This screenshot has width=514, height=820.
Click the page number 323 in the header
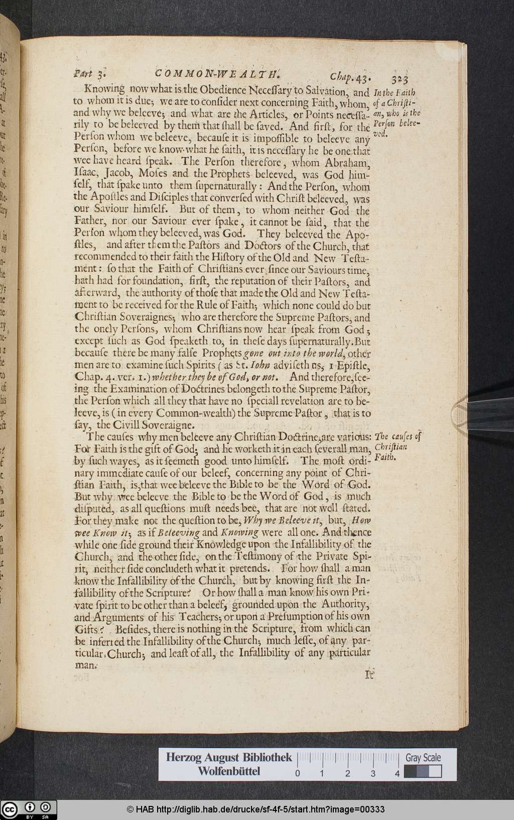click(x=399, y=78)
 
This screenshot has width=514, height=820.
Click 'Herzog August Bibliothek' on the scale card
click(x=229, y=758)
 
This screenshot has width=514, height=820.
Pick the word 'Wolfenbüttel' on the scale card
click(x=229, y=772)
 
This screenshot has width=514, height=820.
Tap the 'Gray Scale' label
click(x=423, y=758)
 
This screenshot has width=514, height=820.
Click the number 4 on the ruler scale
click(x=398, y=774)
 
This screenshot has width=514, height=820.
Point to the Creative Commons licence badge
click(x=29, y=809)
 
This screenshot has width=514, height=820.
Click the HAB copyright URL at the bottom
click(x=255, y=809)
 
